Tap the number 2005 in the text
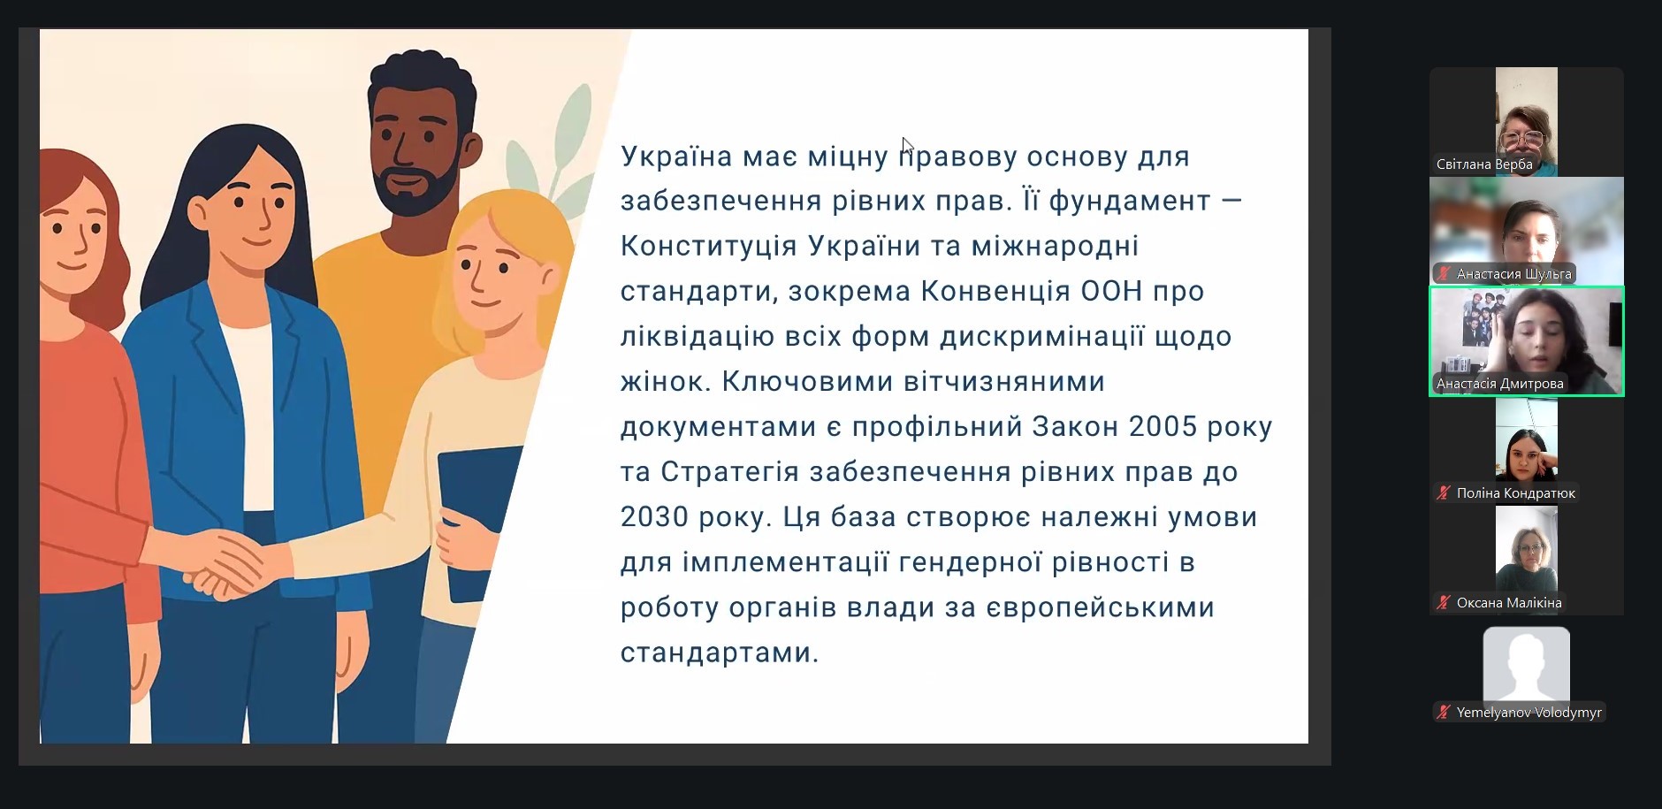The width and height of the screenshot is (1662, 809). click(1163, 426)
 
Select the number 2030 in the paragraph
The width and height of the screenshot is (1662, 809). click(654, 516)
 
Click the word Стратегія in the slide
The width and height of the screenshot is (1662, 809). click(731, 472)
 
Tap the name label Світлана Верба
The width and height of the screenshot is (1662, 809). click(1484, 164)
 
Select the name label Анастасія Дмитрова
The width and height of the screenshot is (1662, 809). click(1500, 384)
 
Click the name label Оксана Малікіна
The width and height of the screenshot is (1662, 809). click(1509, 603)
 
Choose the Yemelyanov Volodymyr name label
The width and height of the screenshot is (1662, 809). click(1529, 713)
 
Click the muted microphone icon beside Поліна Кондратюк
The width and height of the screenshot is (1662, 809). click(1444, 493)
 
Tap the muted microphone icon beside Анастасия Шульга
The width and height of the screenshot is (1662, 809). click(1444, 274)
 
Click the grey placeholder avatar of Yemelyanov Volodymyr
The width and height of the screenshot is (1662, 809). click(1527, 663)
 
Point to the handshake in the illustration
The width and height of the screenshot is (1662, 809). click(223, 563)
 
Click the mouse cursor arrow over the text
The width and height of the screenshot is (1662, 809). click(907, 147)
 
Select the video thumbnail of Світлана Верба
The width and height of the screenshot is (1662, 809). click(1527, 122)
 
